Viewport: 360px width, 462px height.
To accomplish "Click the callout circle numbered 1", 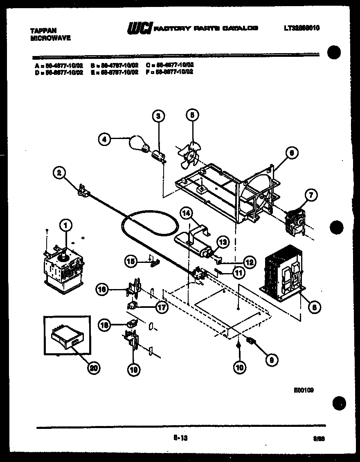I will coord(65,224).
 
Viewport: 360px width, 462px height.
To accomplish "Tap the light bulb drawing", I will coord(139,145).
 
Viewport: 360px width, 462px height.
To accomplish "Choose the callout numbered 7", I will coord(310,196).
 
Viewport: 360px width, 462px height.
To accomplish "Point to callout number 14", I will coord(186,213).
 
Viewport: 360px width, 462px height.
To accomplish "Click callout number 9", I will coord(270,360).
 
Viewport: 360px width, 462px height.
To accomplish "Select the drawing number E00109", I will coord(303,390).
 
